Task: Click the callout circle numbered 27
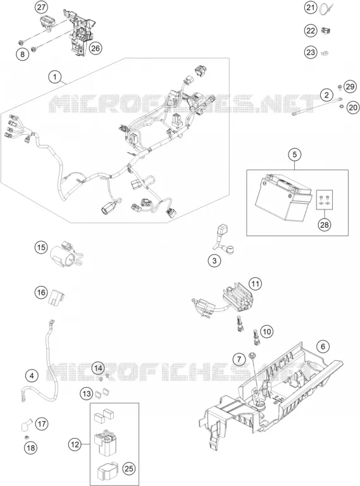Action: (41, 8)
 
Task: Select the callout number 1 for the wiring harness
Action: (55, 77)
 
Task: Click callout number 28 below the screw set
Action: (325, 225)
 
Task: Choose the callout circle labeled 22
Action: (311, 30)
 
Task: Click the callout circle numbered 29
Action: (350, 87)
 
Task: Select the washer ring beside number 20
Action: (341, 106)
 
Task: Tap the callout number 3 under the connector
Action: (214, 261)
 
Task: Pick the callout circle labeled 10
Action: (266, 332)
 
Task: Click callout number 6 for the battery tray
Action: (323, 346)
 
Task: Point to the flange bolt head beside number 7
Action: (252, 355)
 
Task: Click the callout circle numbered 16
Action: (41, 292)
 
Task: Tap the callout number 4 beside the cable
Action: (32, 376)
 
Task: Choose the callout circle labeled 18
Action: (31, 447)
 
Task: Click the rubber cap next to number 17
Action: (26, 425)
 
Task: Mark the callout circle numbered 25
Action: (129, 469)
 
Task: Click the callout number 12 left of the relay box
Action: (75, 445)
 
